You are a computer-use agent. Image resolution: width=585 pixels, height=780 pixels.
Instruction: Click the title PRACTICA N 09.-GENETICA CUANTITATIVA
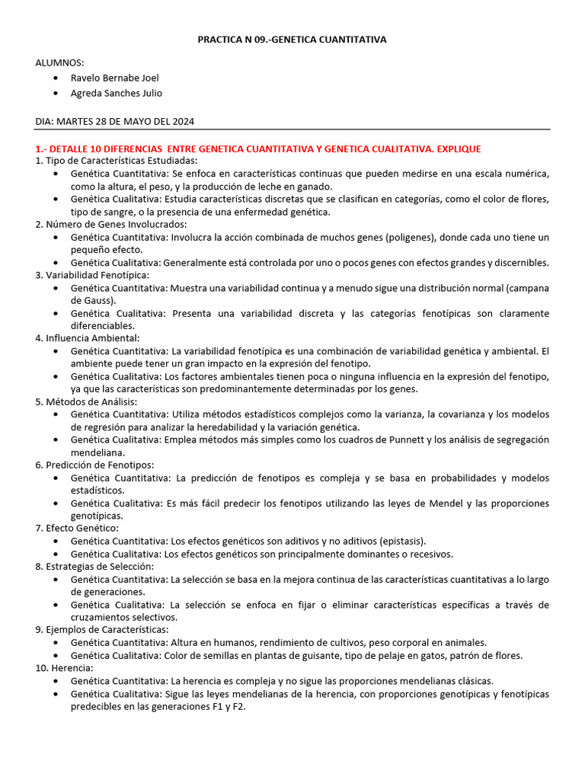click(x=292, y=40)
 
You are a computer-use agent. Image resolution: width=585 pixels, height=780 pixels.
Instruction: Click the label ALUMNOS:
click(x=59, y=62)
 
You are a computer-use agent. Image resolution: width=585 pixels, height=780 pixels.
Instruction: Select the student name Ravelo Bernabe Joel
click(x=114, y=78)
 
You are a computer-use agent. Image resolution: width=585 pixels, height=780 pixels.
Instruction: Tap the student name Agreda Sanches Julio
click(x=116, y=93)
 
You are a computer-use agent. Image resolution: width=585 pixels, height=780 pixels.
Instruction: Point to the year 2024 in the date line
click(x=182, y=122)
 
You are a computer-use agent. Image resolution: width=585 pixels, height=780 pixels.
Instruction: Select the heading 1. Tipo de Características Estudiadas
click(x=116, y=161)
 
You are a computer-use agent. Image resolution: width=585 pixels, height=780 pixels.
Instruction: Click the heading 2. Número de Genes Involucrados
click(x=110, y=224)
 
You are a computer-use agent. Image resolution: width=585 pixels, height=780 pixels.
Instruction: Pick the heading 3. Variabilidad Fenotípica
click(x=92, y=275)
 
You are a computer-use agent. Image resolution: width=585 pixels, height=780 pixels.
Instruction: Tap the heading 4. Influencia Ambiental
click(x=87, y=337)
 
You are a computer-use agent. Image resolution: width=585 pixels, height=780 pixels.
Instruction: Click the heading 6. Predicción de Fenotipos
click(x=94, y=465)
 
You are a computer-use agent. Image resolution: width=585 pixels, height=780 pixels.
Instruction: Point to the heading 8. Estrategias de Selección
click(x=94, y=566)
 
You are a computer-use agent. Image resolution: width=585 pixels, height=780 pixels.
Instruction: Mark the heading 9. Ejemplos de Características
click(x=102, y=629)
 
